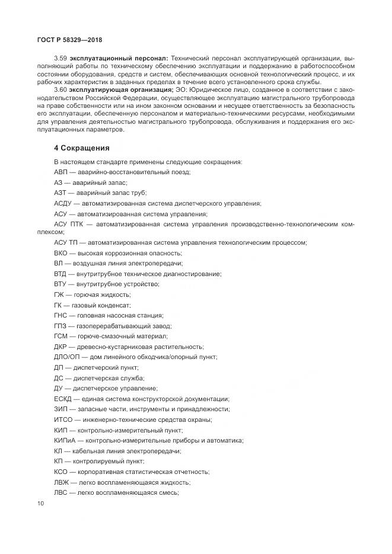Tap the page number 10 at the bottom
[x=40, y=504]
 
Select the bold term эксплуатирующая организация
[x=120, y=89]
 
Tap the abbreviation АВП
[x=61, y=172]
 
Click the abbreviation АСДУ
[x=63, y=203]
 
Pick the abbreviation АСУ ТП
[x=66, y=243]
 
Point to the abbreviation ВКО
[x=61, y=253]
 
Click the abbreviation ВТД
[x=60, y=274]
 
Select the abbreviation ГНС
[x=60, y=315]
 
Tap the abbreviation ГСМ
[x=61, y=336]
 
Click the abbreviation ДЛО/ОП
[x=67, y=357]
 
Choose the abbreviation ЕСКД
[x=63, y=399]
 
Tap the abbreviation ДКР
[x=60, y=347]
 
